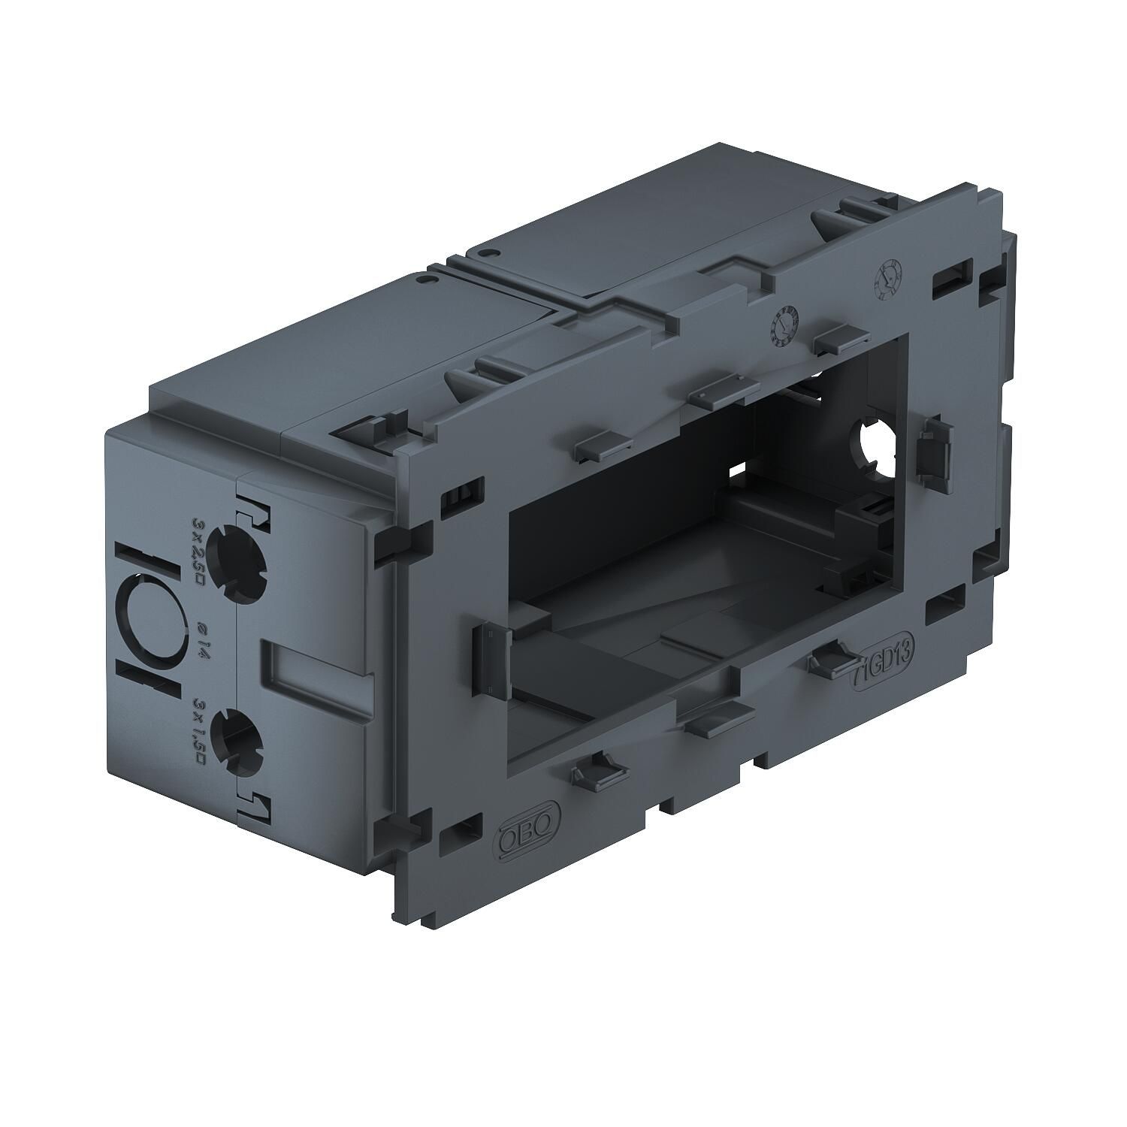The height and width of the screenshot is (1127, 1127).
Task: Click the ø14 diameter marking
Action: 198,641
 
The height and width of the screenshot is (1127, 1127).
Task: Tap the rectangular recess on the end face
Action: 316,670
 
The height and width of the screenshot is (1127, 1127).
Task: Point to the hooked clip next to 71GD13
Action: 826,660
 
